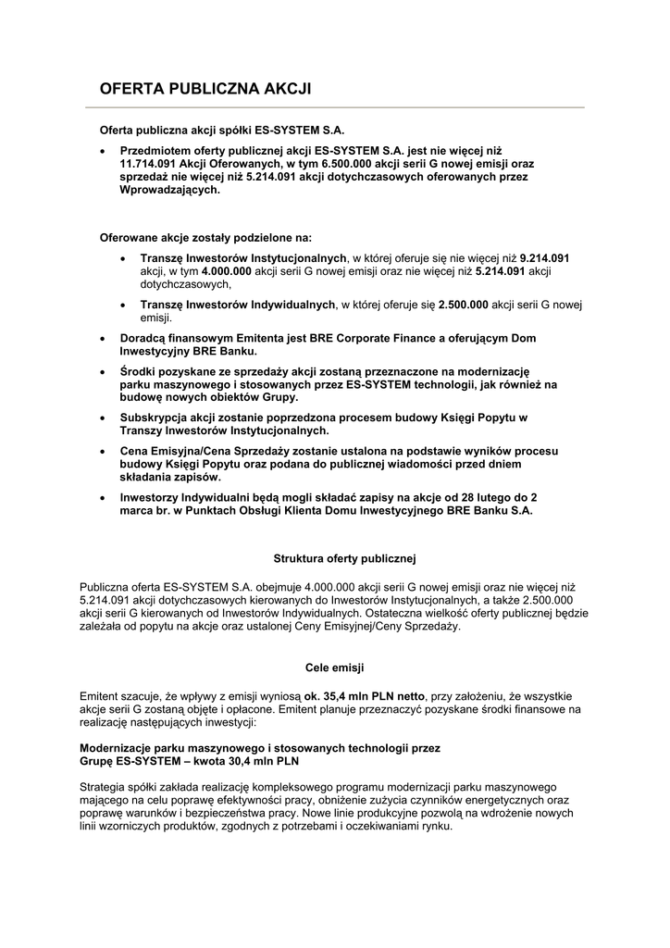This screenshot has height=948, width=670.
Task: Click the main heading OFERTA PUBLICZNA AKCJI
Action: tap(205, 89)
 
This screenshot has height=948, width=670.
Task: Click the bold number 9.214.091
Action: tap(543, 257)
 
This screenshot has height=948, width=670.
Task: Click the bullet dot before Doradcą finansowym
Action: tap(104, 340)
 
